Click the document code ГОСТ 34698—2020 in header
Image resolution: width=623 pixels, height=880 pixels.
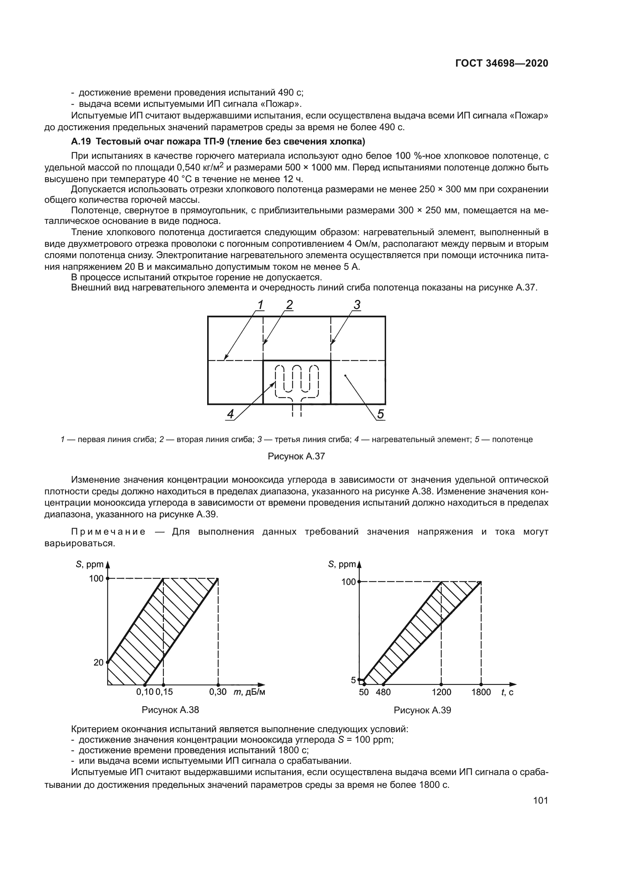(x=501, y=64)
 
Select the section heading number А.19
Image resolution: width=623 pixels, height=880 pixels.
(x=81, y=142)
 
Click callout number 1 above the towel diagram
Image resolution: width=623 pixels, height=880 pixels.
(x=260, y=305)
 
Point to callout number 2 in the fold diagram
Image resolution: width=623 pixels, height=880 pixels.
(x=289, y=305)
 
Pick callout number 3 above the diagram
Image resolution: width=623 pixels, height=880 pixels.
(x=357, y=305)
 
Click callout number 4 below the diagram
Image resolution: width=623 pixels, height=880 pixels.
(x=230, y=414)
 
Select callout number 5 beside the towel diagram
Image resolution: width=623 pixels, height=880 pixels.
(x=380, y=414)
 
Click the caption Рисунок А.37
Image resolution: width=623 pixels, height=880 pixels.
(x=296, y=456)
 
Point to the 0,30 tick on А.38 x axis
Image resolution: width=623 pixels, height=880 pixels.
(x=217, y=692)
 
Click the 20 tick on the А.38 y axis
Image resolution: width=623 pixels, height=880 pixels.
(x=99, y=662)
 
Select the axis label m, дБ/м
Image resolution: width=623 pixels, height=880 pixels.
(x=249, y=692)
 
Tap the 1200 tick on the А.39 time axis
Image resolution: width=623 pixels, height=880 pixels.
(x=441, y=692)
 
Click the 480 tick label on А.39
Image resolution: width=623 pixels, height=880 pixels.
(x=383, y=692)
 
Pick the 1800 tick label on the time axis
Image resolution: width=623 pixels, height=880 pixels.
(x=481, y=692)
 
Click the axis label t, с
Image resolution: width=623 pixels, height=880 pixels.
(x=507, y=692)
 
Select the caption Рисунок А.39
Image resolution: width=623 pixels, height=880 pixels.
(x=422, y=710)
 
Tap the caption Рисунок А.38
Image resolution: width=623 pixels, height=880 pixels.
(x=170, y=710)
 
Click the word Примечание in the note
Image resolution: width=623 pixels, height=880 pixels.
(x=108, y=532)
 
